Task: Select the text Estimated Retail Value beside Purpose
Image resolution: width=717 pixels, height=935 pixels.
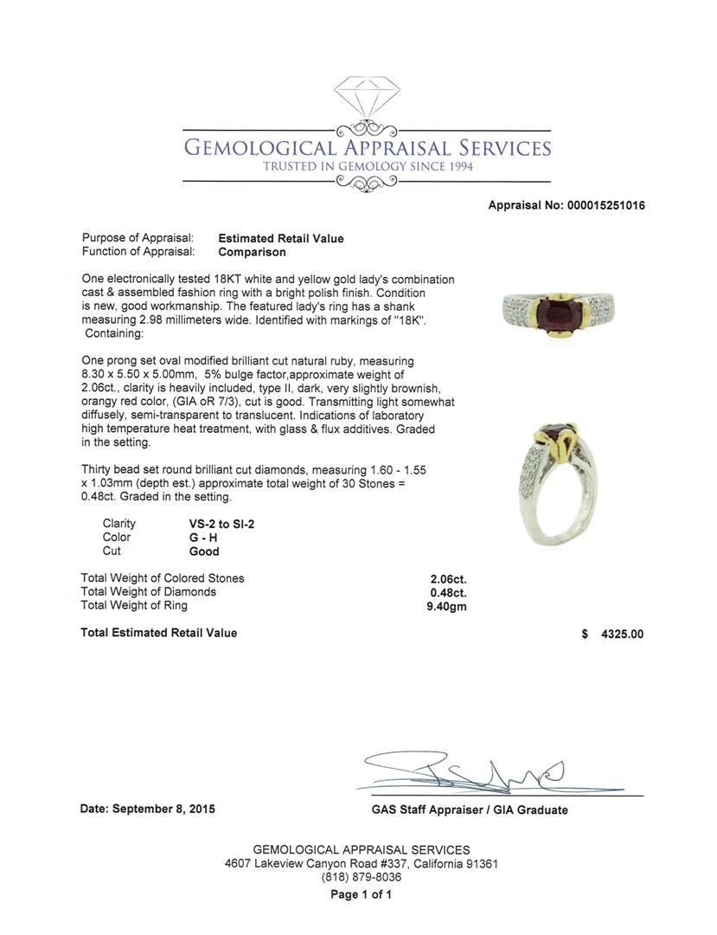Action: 280,239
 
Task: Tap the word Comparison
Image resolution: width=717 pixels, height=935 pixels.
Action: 252,253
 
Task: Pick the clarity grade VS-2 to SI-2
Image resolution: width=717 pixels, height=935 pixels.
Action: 221,524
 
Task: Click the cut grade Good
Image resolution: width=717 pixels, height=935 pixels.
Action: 204,551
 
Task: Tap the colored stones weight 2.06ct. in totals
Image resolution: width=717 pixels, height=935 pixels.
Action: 448,579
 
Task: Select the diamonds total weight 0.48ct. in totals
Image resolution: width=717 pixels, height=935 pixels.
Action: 448,592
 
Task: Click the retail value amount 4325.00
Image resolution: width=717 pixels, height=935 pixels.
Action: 623,634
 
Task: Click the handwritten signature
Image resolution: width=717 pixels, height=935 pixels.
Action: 467,773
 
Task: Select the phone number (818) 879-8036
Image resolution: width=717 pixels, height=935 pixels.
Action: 361,877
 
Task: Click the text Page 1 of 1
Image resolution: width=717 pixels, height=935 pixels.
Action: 361,894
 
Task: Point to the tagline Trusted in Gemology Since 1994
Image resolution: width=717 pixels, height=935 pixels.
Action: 368,166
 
